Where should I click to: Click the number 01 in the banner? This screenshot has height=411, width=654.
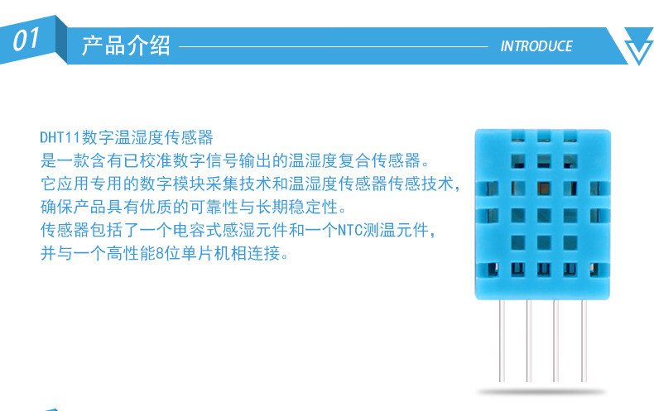(x=26, y=40)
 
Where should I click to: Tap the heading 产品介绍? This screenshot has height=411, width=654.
(x=126, y=45)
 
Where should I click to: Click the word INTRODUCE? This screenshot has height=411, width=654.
(x=536, y=46)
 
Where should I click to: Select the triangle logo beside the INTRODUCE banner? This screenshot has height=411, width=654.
(x=639, y=45)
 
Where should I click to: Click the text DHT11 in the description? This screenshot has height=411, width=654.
(x=60, y=137)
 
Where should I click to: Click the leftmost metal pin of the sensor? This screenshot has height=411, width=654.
(x=502, y=340)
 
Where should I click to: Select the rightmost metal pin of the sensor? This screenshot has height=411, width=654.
(x=584, y=340)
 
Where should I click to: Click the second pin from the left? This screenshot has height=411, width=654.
(x=529, y=340)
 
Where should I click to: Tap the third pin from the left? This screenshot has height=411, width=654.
(x=555, y=340)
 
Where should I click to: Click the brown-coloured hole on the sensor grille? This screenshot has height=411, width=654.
(x=544, y=189)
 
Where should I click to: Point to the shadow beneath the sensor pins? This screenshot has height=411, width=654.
(x=541, y=392)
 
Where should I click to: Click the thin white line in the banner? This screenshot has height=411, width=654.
(x=334, y=46)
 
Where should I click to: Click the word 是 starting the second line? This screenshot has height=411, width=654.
(x=48, y=160)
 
